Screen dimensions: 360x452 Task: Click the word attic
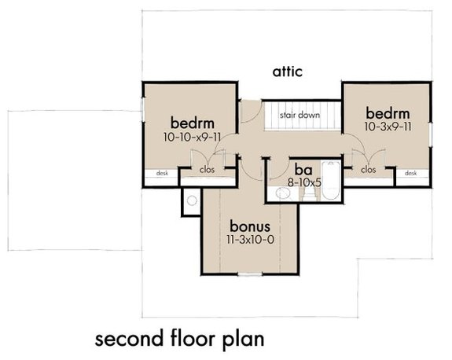coord(288,72)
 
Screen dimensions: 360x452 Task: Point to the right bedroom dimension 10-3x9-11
coord(387,126)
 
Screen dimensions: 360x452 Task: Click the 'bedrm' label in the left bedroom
coord(193,123)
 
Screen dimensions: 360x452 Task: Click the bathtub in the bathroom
coord(332,182)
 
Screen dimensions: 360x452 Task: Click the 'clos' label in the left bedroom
coord(208,168)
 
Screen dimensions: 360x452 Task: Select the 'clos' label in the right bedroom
coord(368,168)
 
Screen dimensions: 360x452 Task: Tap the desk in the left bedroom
coord(162,174)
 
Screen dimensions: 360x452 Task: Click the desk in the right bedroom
coord(410,173)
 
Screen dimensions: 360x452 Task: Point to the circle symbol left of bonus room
coord(189,200)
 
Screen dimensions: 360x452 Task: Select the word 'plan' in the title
coord(241,340)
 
